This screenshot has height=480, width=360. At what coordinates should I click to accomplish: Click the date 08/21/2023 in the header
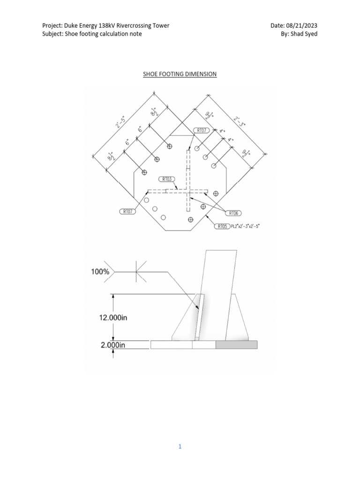302,25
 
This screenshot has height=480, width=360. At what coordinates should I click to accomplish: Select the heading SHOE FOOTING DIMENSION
180,74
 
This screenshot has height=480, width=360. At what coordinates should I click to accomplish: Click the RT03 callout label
167,179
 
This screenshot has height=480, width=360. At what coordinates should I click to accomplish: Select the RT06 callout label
233,213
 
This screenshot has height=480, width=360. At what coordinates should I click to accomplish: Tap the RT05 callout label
222,226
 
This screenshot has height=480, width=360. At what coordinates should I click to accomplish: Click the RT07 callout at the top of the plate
201,130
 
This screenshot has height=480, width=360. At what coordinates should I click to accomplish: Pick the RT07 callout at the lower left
127,212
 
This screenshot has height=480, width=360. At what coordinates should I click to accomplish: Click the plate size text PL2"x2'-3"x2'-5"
245,226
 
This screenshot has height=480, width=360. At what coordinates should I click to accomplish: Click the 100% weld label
100,271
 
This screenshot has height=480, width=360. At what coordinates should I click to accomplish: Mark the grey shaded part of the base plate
236,345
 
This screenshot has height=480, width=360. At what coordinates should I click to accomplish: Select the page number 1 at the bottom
180,447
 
